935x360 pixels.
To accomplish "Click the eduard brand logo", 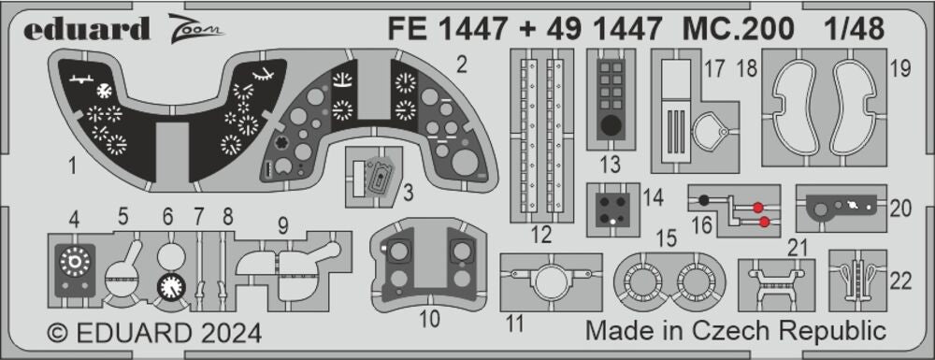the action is tap(86, 29).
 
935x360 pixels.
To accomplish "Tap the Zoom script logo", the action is tap(195, 29).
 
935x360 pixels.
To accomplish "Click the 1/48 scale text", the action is tap(855, 28).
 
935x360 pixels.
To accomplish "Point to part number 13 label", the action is tap(611, 164).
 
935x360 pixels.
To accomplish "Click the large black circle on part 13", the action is tap(611, 125).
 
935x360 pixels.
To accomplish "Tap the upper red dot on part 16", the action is tap(758, 208).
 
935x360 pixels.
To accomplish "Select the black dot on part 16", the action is tap(704, 200).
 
